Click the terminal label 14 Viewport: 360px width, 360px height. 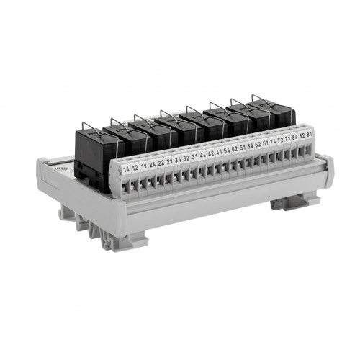(127, 169)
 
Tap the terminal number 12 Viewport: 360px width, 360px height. (135, 167)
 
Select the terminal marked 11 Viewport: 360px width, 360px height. (144, 165)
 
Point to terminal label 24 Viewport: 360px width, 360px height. (153, 163)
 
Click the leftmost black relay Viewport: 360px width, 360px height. (92, 155)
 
